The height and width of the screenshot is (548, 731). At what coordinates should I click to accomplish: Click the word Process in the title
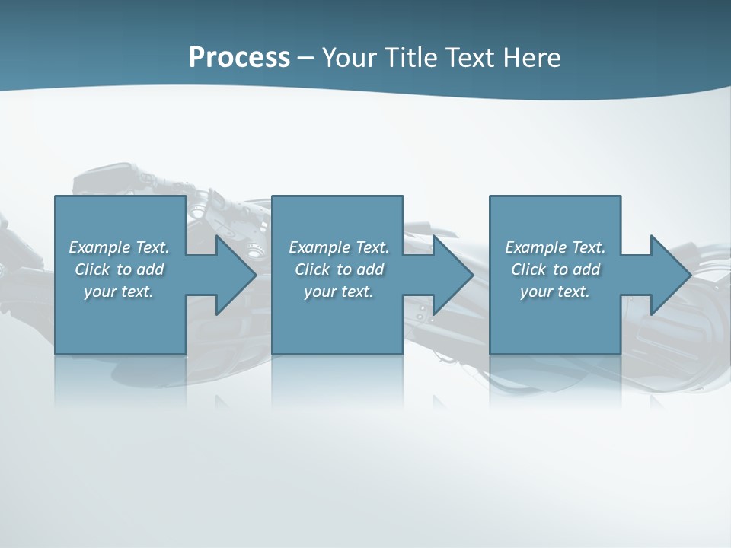click(x=239, y=58)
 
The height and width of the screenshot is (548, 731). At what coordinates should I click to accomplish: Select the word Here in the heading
click(x=532, y=58)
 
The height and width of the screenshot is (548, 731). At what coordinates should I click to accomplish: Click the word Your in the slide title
click(x=353, y=58)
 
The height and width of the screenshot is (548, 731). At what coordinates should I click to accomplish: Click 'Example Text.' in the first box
click(x=119, y=247)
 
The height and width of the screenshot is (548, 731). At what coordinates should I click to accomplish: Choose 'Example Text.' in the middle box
click(x=339, y=247)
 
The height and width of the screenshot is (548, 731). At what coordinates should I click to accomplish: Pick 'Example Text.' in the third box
click(x=555, y=247)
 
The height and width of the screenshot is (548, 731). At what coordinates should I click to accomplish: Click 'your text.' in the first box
click(x=119, y=292)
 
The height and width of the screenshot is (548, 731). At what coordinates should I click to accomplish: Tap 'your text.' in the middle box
click(x=339, y=292)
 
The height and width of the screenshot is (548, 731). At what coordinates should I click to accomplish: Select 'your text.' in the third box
click(x=555, y=292)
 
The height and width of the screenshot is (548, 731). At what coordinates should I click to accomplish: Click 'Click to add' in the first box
click(x=119, y=269)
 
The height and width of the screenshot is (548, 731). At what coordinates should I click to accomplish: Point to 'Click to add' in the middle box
click(x=339, y=269)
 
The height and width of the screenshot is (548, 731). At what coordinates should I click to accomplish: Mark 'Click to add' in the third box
click(x=555, y=269)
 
